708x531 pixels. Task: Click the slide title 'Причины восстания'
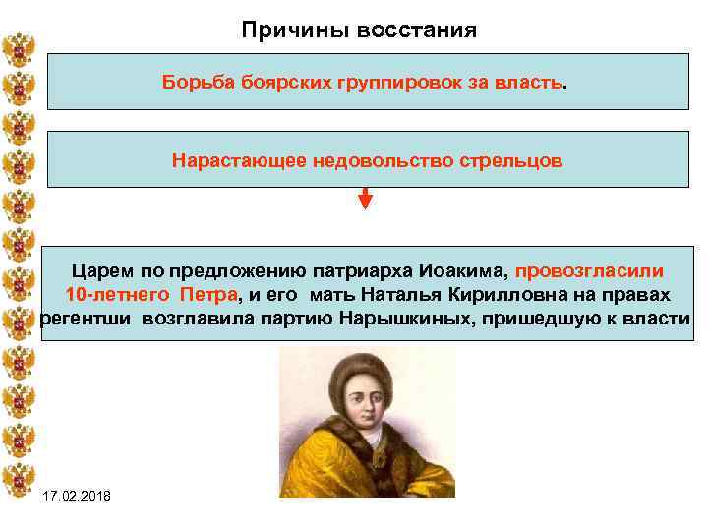tap(359, 30)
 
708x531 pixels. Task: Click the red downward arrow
tap(365, 199)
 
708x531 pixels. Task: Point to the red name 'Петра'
tap(207, 295)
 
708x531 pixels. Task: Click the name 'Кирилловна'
tap(508, 295)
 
